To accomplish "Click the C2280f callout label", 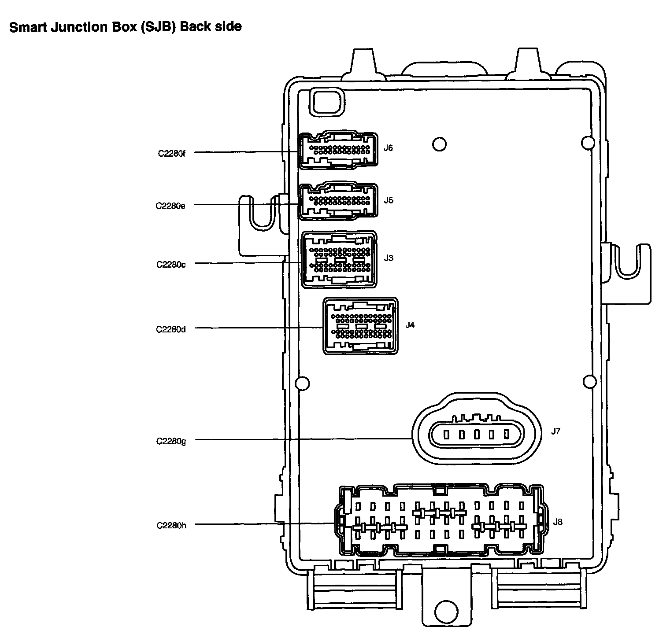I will point(172,154).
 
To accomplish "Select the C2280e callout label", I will point(170,206).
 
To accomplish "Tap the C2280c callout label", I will point(171,265).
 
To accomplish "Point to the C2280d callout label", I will point(171,329).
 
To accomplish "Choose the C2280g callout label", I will point(171,441).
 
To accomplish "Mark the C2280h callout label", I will point(171,525).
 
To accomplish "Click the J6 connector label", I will point(388,148).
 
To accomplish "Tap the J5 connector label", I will point(388,200).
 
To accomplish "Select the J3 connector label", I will point(388,258).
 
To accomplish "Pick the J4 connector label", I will point(410,325).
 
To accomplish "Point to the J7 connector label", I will point(555,431).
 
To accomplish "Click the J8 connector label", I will point(558,522).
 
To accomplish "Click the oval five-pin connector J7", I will point(476,435).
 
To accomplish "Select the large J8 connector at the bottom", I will point(441,520).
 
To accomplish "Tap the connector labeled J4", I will point(361,326).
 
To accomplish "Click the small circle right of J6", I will point(439,144).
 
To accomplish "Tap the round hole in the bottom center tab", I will point(447,610).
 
